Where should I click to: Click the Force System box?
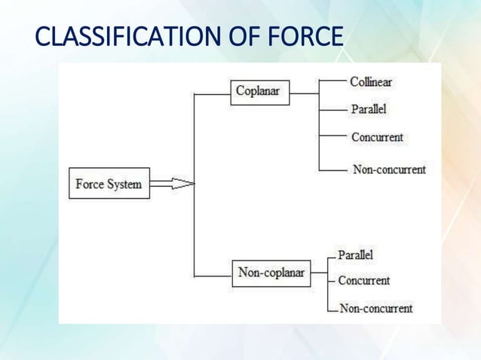tap(109, 184)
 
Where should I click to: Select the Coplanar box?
tap(259, 92)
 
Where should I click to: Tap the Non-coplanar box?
tap(271, 273)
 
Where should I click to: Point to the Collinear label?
tap(370, 81)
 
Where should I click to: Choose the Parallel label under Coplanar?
tap(369, 109)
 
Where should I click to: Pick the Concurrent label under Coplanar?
tap(377, 137)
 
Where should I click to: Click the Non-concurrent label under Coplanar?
tap(389, 169)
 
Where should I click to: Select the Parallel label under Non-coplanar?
tap(355, 255)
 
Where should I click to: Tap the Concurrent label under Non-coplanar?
tap(363, 281)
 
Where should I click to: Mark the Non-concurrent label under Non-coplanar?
tap(376, 308)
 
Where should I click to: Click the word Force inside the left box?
tap(91, 184)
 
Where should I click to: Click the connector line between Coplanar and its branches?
tap(305, 94)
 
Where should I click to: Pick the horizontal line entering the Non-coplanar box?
tap(213, 276)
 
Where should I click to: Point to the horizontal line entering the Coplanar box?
tap(213, 94)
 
